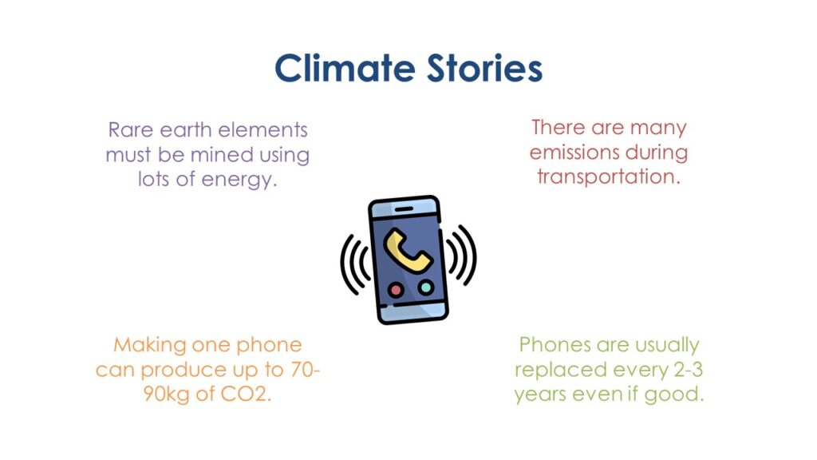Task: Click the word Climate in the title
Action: coord(345,69)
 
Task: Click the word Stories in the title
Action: coord(484,69)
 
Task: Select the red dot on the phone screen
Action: coord(396,290)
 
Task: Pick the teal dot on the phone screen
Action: coord(426,287)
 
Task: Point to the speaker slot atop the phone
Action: coord(404,209)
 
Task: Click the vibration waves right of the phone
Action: coord(461,255)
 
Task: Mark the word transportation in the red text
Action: coord(609,176)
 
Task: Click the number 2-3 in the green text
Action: coord(688,370)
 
